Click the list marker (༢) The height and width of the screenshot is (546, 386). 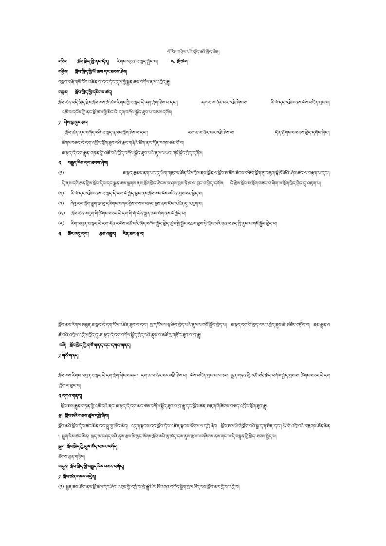61,192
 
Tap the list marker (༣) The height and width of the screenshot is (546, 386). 61,202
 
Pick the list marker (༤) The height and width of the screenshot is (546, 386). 61,213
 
